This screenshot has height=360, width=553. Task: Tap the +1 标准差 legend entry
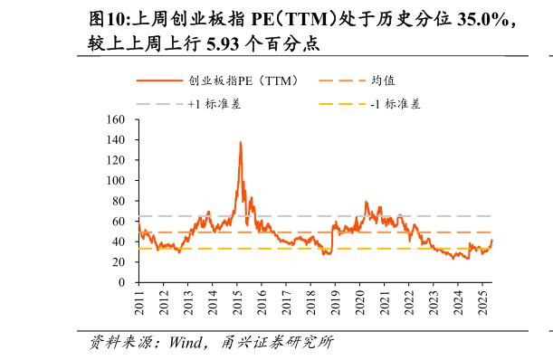tap(214, 104)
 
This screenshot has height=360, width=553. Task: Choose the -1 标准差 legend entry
tap(396, 104)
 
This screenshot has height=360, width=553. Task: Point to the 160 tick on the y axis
tap(115, 119)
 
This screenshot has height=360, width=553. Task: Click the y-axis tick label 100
tap(115, 180)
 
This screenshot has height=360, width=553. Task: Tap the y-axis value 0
tap(121, 282)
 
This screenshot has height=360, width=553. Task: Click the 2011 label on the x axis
tap(139, 304)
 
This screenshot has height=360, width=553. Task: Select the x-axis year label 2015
tap(237, 304)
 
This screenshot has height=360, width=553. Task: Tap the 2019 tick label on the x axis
tap(335, 304)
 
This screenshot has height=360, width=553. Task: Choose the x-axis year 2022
tap(408, 304)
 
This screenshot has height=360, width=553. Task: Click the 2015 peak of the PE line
tap(240, 142)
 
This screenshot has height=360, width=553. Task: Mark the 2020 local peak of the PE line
tap(366, 202)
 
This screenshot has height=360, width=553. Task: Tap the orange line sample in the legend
tap(159, 81)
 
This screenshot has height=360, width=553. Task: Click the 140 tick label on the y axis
tap(115, 139)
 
